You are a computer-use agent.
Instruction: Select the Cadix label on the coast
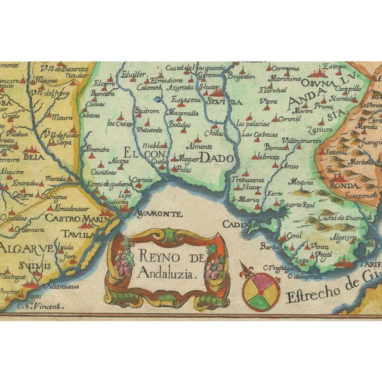[232, 224]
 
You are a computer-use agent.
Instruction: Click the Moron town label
[303, 111]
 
